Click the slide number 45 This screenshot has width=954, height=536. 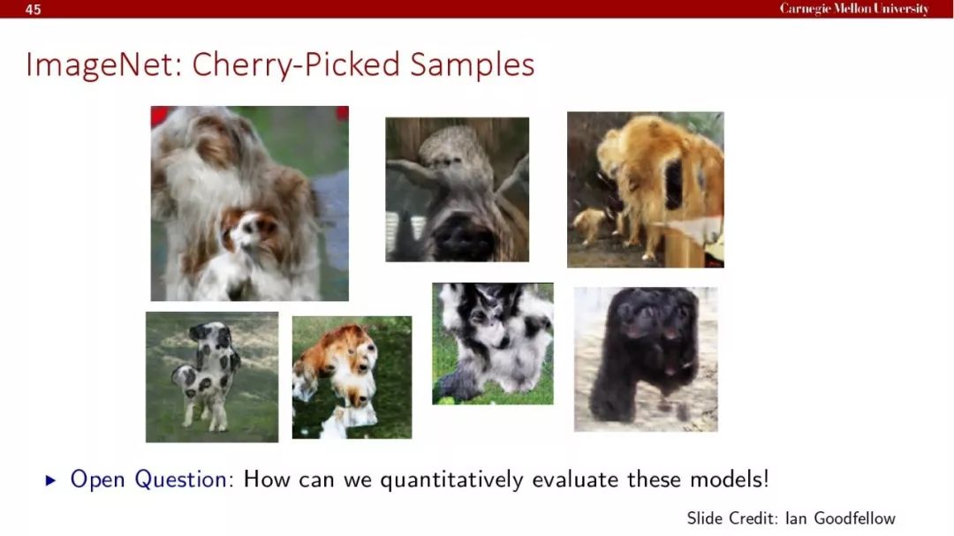(x=33, y=9)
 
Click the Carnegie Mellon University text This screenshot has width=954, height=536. (x=854, y=9)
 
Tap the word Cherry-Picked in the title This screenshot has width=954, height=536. (x=296, y=65)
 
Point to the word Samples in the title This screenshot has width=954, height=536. (x=472, y=65)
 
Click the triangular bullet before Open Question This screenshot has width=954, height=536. (x=51, y=480)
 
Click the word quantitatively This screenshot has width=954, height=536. (x=451, y=480)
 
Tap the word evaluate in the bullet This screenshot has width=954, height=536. (x=575, y=479)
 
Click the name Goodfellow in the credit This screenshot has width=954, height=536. (x=854, y=518)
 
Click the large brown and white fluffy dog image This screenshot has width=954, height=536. (x=250, y=203)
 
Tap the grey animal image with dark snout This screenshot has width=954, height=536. (x=458, y=190)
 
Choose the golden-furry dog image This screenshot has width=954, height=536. (x=646, y=190)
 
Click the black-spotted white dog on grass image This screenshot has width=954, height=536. (x=212, y=377)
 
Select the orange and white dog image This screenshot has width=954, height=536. (x=352, y=377)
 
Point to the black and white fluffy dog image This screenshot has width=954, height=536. (x=493, y=343)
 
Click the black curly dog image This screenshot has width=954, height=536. (x=646, y=359)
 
